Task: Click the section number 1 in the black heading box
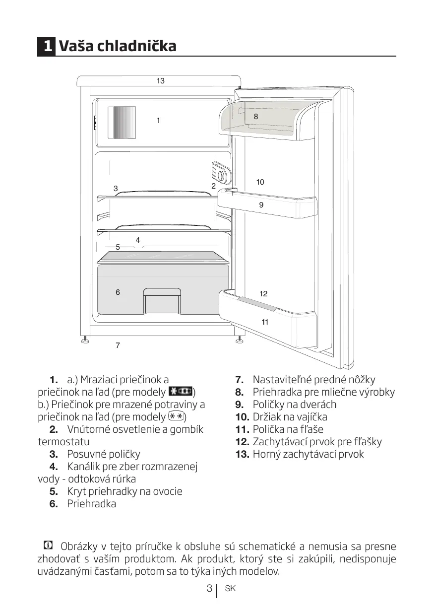[x=47, y=46]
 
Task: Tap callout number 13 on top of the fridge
[x=160, y=80]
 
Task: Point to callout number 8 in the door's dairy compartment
[x=255, y=117]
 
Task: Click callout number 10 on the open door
[x=260, y=182]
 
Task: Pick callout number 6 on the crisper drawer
[x=118, y=292]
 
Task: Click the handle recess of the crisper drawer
[x=161, y=300]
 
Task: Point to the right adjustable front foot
[x=240, y=340]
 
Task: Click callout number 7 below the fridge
[x=118, y=345]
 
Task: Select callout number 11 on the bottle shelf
[x=265, y=322]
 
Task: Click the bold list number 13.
[x=242, y=454]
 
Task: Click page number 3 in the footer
[x=209, y=589]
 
